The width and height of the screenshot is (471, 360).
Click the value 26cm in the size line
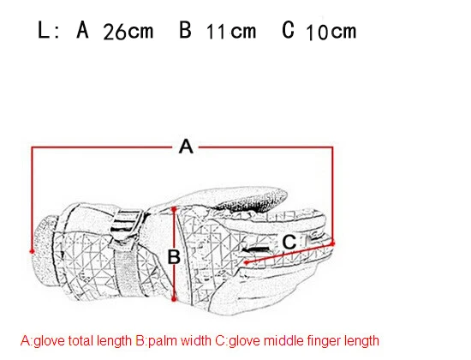click(128, 31)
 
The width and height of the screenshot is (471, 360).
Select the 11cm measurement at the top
click(231, 31)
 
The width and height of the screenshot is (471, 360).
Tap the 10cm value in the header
click(331, 31)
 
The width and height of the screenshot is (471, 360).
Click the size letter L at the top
click(44, 30)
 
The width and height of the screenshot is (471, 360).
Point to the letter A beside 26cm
click(82, 30)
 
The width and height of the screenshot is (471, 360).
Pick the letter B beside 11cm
click(185, 30)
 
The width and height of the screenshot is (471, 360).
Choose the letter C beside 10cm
click(288, 30)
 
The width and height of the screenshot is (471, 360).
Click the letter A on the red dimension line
click(186, 147)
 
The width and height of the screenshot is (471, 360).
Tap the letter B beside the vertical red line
click(174, 257)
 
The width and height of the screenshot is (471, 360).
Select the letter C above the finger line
click(289, 242)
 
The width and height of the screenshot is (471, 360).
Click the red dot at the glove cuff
click(32, 251)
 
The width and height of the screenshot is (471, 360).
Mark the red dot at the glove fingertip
click(332, 243)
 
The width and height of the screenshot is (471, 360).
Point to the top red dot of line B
click(174, 208)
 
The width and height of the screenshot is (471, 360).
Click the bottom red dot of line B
click(174, 298)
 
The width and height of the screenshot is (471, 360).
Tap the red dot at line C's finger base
click(247, 262)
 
